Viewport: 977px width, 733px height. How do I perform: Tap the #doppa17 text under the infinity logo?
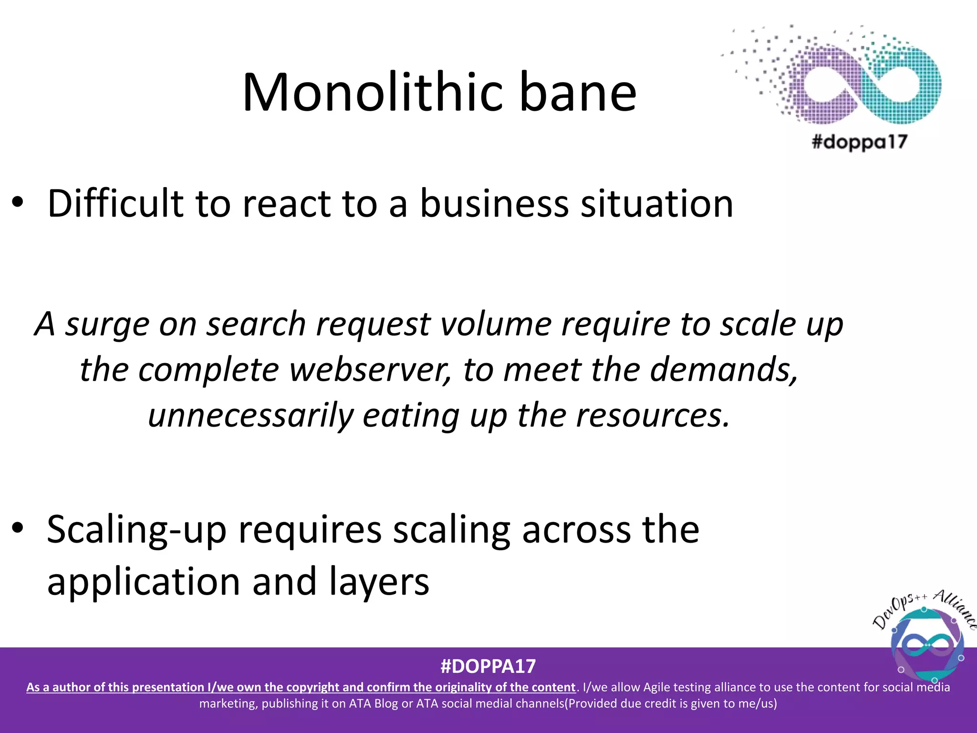click(859, 142)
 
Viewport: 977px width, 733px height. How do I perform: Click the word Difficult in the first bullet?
click(115, 203)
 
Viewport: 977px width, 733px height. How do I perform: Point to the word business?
click(494, 203)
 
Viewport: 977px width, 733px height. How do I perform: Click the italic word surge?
click(107, 325)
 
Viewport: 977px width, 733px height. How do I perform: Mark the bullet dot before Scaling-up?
click(18, 528)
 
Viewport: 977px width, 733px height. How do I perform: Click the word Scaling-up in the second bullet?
click(136, 530)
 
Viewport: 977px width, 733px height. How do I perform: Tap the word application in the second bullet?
click(144, 582)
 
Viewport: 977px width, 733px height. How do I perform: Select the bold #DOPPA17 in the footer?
click(488, 666)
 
